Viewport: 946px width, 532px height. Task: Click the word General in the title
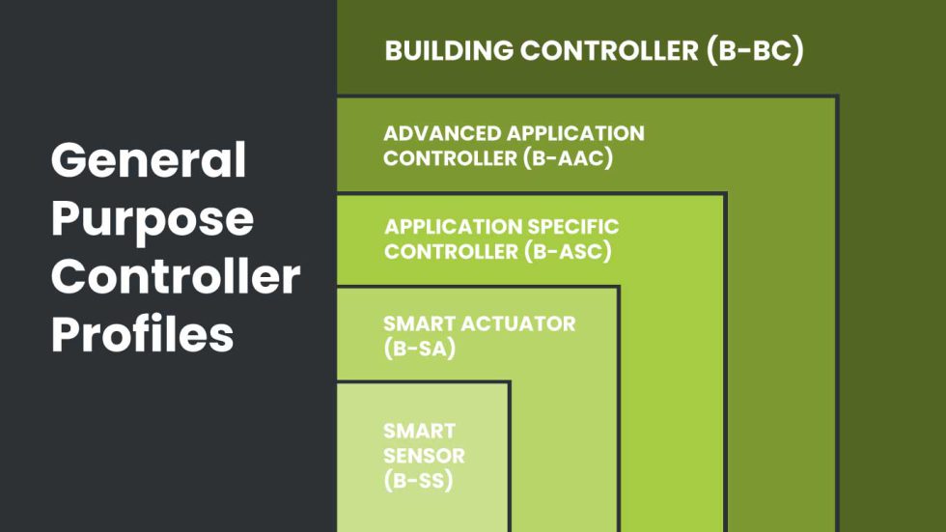coord(149,159)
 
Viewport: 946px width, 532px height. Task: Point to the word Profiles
coord(143,332)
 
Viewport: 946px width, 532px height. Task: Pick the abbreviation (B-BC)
coord(755,50)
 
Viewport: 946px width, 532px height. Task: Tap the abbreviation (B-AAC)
coord(568,158)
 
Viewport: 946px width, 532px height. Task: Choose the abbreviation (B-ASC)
coord(568,252)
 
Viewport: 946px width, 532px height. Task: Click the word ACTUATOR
coord(518,323)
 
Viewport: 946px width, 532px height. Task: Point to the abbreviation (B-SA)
coord(419,349)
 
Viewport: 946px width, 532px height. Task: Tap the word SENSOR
coord(424,456)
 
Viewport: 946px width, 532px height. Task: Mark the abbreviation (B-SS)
coord(418,481)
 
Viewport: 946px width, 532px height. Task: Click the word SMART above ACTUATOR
coord(419,323)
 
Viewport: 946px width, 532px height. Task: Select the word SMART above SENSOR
coord(419,432)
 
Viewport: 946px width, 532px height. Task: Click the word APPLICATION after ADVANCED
coord(575,133)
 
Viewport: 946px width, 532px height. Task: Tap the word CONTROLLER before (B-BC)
coord(609,50)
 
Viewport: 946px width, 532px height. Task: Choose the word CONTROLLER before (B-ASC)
coord(452,252)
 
